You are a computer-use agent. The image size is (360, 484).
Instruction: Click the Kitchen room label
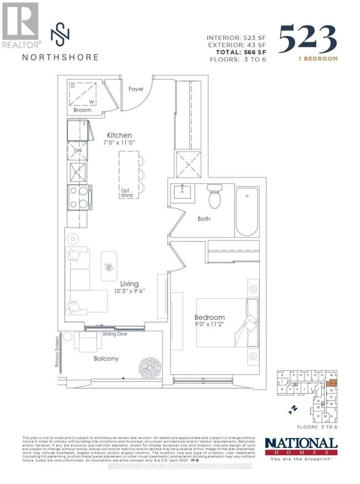click(x=120, y=135)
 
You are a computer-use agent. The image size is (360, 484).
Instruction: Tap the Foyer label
click(x=136, y=89)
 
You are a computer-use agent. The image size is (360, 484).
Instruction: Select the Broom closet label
click(x=83, y=110)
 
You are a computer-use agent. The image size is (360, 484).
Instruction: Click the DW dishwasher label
click(x=78, y=149)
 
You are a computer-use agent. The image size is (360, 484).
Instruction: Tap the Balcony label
click(x=105, y=359)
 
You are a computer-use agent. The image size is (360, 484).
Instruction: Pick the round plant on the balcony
click(x=150, y=365)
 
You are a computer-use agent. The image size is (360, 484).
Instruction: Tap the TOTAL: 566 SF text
click(x=239, y=50)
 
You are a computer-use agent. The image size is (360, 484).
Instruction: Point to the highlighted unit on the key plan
click(x=332, y=383)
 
